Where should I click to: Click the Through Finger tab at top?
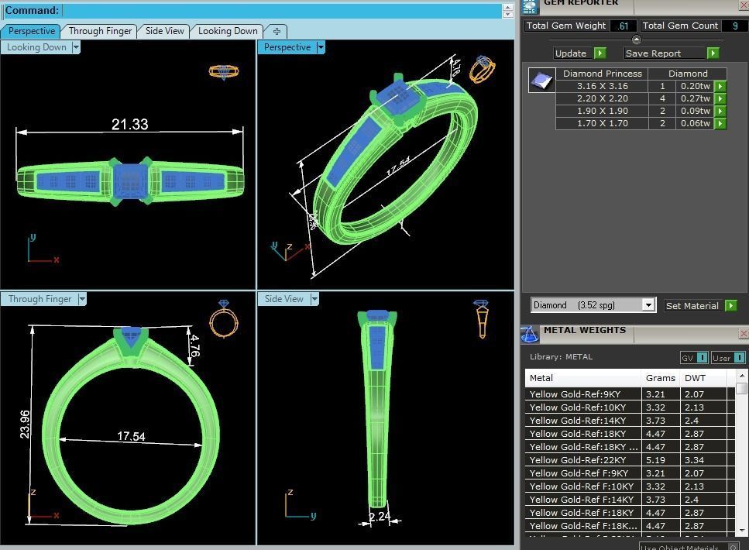coord(100,31)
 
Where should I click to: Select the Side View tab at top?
coord(164,31)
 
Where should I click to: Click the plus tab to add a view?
coord(276,31)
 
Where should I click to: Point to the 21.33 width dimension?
coord(129,124)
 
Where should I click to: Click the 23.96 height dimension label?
coord(25,424)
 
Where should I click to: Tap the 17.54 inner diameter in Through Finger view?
coord(131,436)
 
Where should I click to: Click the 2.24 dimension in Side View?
coord(379,517)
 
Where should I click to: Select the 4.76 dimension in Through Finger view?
coord(194,345)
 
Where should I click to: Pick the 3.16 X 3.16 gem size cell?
coord(602,86)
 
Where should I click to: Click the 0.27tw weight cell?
coord(695,98)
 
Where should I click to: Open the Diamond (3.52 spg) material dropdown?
coord(593,305)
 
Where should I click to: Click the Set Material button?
coord(692,306)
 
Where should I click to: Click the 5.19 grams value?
coord(656,460)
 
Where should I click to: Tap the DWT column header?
coord(694,378)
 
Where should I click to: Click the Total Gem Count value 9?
coord(734,26)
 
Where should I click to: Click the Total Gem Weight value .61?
coord(623,26)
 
